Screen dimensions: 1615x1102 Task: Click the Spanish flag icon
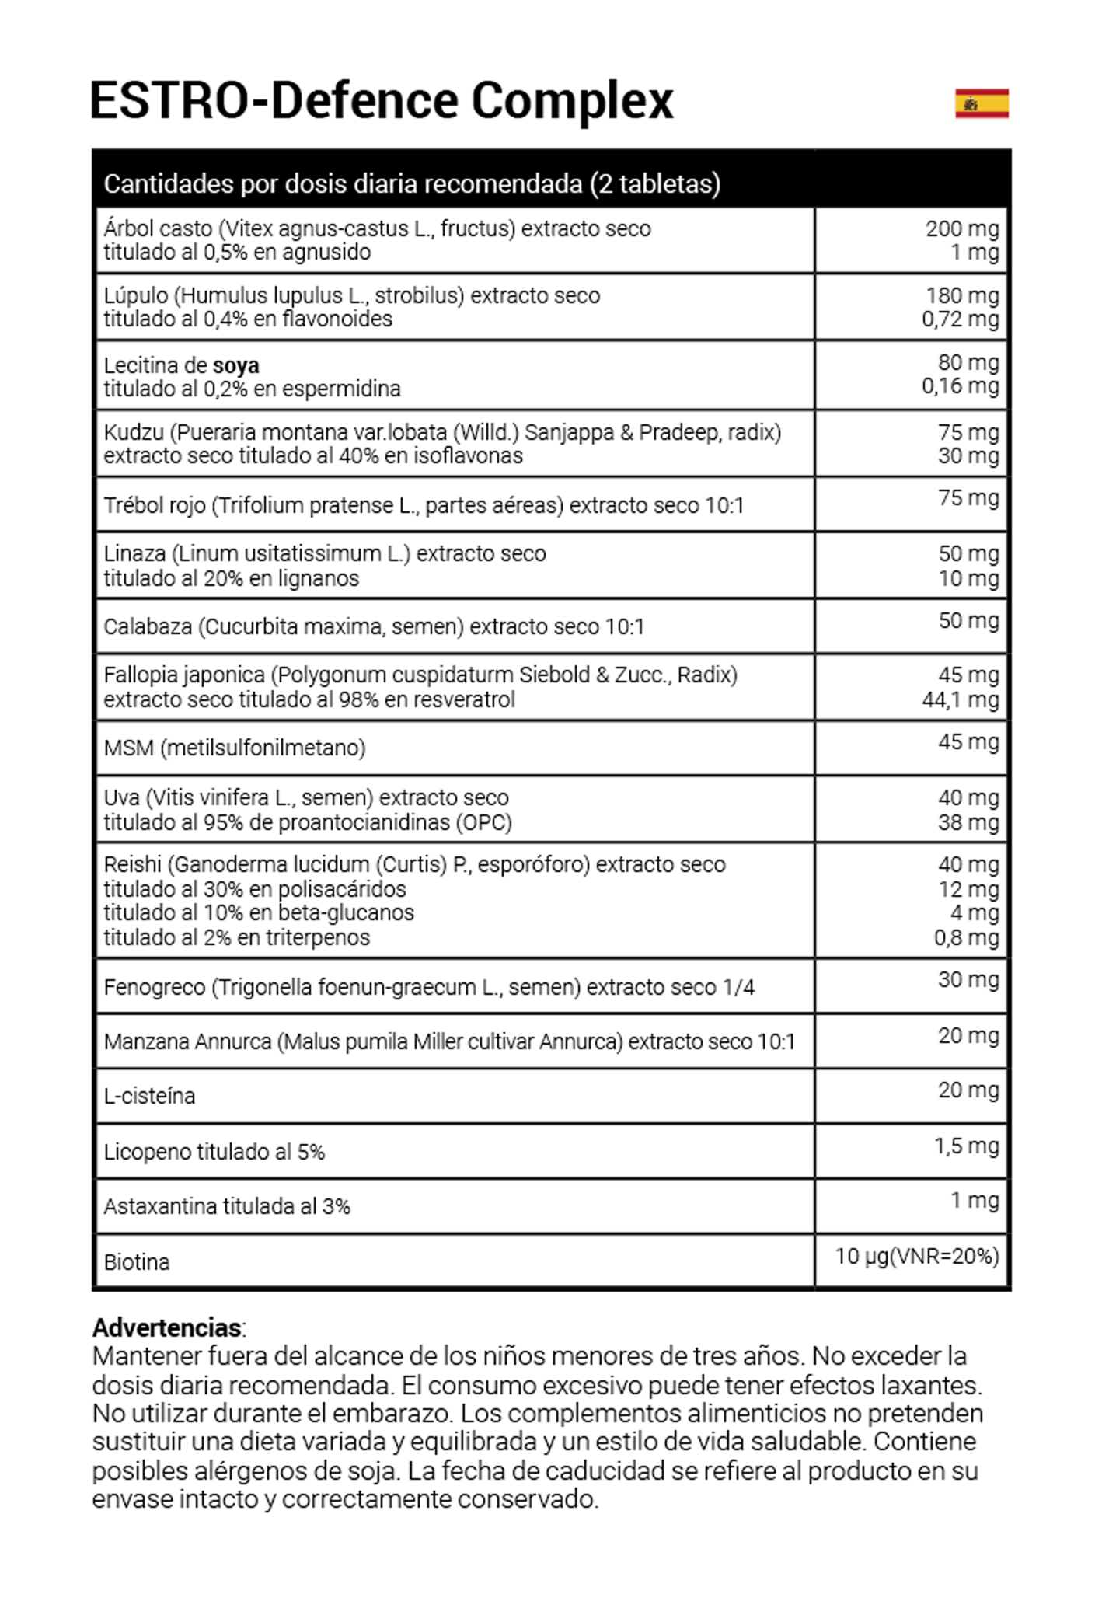(982, 103)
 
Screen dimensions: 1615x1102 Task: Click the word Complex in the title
(572, 101)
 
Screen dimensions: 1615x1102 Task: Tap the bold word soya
(235, 365)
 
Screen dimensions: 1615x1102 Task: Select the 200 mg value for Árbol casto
(961, 228)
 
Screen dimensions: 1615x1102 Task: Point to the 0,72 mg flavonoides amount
(960, 319)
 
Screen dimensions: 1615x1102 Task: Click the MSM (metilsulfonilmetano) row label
(234, 748)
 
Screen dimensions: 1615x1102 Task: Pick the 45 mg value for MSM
(968, 741)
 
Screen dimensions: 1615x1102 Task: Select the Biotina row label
(137, 1262)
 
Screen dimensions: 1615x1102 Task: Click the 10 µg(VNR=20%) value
(916, 1256)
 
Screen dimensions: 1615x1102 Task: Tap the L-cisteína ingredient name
(149, 1096)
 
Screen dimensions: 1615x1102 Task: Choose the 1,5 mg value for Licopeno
(966, 1146)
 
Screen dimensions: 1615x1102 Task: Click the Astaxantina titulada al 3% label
(227, 1206)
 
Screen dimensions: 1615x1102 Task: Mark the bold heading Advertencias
(166, 1327)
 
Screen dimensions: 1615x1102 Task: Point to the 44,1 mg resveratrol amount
(960, 699)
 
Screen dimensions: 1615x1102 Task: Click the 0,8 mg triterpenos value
(966, 937)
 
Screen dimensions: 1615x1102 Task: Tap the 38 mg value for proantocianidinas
(968, 822)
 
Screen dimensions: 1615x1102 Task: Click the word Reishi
(133, 864)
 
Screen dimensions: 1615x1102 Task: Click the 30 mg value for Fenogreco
(968, 979)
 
